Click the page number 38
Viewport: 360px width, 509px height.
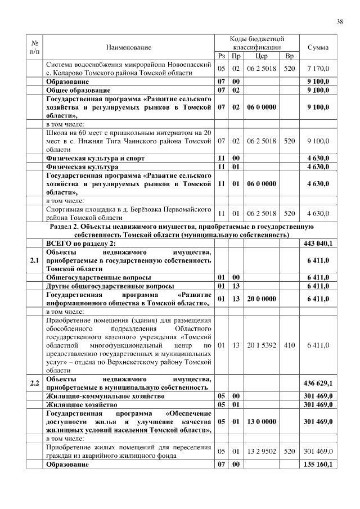click(x=340, y=22)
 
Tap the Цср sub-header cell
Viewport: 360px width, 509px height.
click(x=261, y=56)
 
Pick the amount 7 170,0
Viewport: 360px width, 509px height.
click(x=318, y=69)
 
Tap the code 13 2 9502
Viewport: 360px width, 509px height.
click(x=261, y=452)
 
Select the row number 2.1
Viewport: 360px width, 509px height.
click(x=35, y=260)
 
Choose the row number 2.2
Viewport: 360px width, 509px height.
click(x=35, y=383)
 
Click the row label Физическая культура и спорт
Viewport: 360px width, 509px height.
click(x=95, y=158)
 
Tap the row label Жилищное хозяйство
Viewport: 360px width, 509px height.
click(x=81, y=404)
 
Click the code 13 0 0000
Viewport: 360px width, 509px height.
click(x=261, y=421)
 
